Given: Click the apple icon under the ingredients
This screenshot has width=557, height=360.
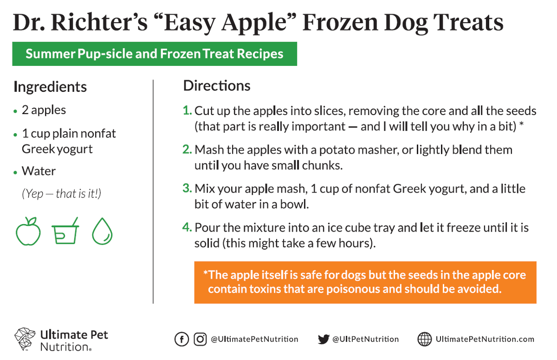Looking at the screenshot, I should (x=28, y=231).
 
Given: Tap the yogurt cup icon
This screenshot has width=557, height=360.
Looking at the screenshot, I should (x=65, y=231).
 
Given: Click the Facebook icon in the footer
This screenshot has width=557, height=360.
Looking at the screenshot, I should (x=181, y=340).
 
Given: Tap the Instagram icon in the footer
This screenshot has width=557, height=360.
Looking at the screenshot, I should (x=200, y=340).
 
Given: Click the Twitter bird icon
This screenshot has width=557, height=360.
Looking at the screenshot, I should (x=324, y=340).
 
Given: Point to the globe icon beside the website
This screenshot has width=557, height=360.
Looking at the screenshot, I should (x=424, y=340).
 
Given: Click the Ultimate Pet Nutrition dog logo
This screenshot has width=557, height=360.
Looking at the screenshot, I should (x=25, y=339).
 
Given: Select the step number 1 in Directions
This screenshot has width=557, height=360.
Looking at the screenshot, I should (x=187, y=111).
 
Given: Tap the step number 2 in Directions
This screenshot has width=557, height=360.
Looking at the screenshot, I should (x=187, y=150).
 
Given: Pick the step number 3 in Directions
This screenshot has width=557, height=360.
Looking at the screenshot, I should (x=187, y=189).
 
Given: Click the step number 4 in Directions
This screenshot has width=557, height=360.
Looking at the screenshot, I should (x=187, y=228).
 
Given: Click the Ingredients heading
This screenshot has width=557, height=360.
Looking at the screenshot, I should (x=50, y=87).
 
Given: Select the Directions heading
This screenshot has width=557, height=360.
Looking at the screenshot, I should (x=217, y=86).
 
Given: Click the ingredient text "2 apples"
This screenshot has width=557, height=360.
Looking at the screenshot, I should (x=44, y=110).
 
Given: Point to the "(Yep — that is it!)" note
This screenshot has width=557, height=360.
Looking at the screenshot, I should (x=61, y=194).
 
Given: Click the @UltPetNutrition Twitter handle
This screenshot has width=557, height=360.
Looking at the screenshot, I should (x=366, y=340).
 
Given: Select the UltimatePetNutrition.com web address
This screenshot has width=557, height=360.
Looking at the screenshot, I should (x=485, y=340).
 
